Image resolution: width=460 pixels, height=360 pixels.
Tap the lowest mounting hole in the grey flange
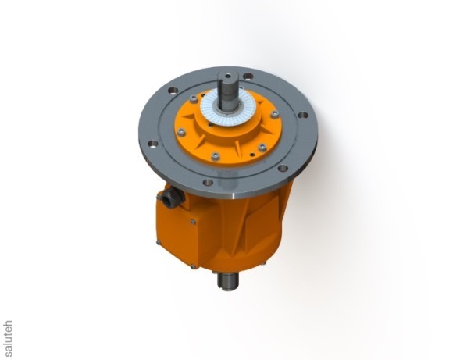point(208,182)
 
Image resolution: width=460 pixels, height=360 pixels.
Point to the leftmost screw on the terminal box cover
point(159,243)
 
